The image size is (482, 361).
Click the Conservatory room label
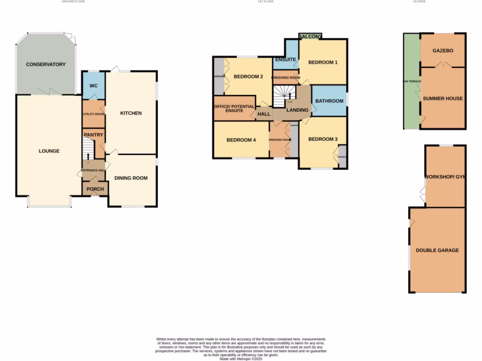tap(46, 64)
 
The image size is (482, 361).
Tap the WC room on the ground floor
tap(93, 86)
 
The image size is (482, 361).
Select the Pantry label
tap(93, 135)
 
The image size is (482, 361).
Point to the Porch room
tap(95, 189)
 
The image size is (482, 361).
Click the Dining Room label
tap(131, 178)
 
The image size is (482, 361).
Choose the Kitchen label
tap(131, 113)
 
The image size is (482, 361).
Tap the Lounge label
tap(49, 151)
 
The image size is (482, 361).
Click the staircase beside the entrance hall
tap(88, 152)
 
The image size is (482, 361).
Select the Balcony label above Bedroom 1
tap(310, 36)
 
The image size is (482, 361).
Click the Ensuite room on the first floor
tap(285, 60)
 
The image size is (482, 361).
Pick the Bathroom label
tap(329, 101)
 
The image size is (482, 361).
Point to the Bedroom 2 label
tap(248, 77)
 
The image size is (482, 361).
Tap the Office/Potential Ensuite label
tap(234, 108)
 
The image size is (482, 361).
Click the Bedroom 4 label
tap(241, 140)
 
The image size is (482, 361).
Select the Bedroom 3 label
tap(322, 139)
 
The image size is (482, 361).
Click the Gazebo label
tap(442, 51)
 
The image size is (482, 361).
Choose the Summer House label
tap(442, 99)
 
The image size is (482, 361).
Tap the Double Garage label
tap(437, 251)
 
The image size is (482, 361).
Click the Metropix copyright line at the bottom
tap(241, 359)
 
